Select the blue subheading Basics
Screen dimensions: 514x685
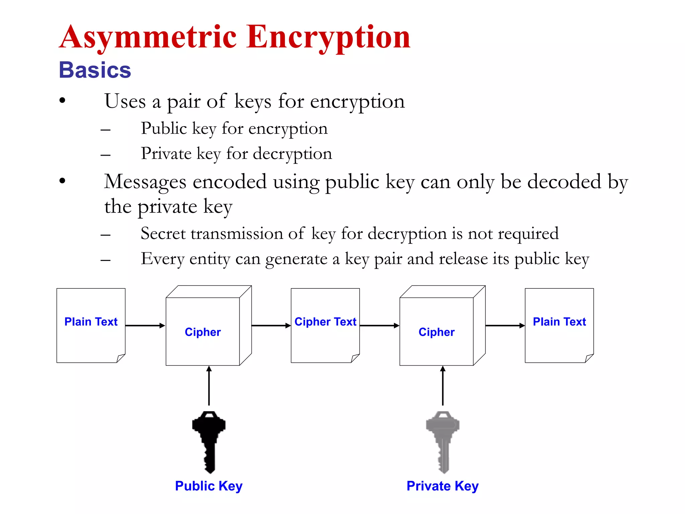click(95, 70)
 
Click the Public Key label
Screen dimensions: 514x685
click(209, 486)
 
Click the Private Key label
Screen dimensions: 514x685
click(443, 486)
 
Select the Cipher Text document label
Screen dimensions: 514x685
click(325, 322)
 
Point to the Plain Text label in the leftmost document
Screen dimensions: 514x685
click(91, 322)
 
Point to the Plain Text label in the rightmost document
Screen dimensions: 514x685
click(559, 322)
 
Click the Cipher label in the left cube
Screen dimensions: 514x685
click(203, 332)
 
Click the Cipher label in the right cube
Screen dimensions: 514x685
click(436, 332)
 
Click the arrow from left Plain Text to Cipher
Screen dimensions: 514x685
click(145, 325)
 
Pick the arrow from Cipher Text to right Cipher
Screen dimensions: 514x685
click(379, 325)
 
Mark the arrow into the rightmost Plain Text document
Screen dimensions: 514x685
click(505, 325)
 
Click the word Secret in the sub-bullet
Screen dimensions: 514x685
click(163, 234)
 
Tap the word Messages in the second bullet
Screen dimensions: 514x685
click(145, 182)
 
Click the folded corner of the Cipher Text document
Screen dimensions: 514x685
click(355, 358)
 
